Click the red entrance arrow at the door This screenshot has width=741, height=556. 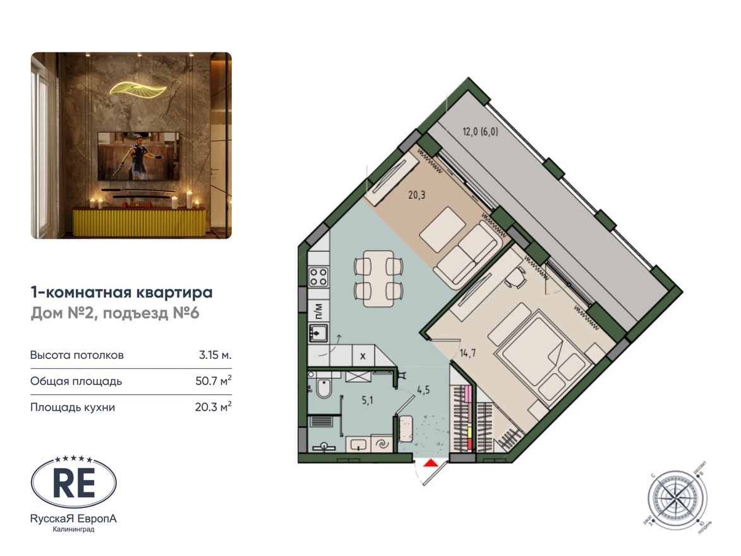431,464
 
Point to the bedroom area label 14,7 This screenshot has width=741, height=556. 467,353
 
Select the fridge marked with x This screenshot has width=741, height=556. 363,356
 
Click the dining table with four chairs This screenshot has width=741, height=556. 378,279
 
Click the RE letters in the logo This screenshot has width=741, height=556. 73,483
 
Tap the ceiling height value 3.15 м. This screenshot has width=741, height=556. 215,354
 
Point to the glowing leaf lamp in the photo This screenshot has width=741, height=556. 138,88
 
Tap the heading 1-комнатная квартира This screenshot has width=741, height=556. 121,293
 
